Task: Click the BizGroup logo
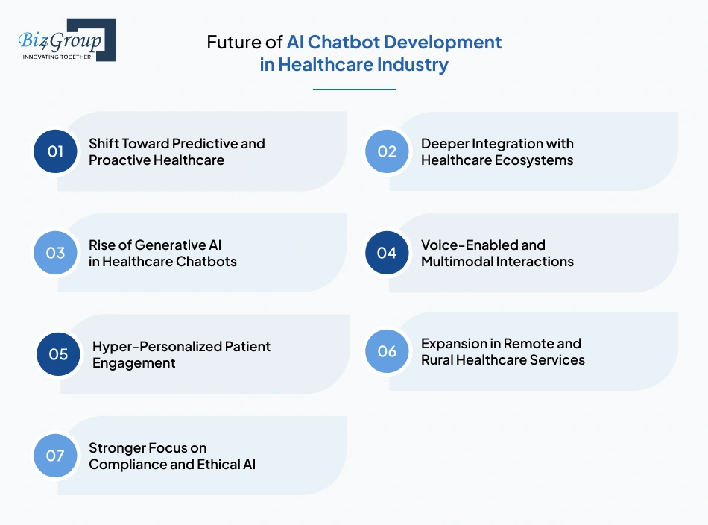66,40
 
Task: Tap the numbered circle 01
56,151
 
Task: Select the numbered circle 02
387,151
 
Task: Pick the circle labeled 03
56,253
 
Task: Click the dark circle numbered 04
387,253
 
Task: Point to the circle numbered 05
59,354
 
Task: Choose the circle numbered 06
387,351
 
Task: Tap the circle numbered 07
56,455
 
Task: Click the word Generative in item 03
159,245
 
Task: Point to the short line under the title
354,89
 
